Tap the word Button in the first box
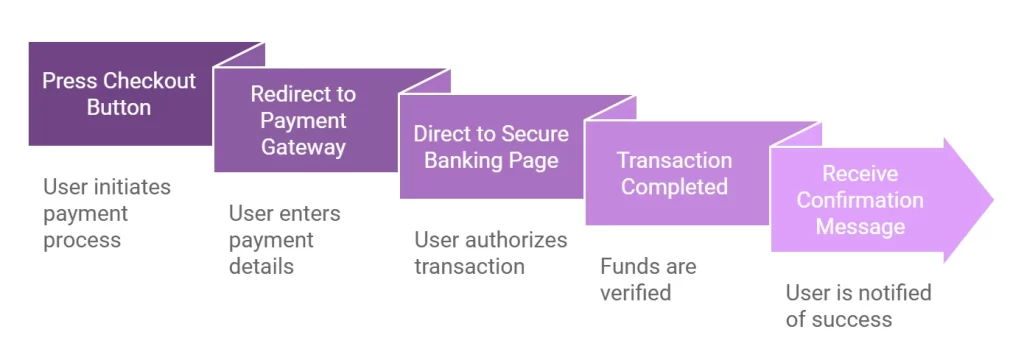(x=119, y=107)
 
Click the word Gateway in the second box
(x=303, y=147)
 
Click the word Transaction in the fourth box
(x=674, y=161)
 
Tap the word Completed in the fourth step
(x=674, y=187)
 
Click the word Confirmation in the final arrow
(x=860, y=200)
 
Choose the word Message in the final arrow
(x=860, y=227)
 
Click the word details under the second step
(x=261, y=266)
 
